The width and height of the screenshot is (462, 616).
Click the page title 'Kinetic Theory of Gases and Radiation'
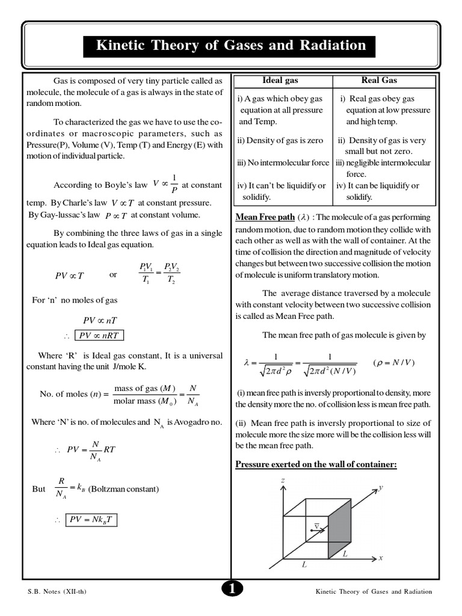point(231,46)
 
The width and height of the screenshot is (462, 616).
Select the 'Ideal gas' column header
point(280,80)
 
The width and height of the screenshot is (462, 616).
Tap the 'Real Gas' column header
point(379,80)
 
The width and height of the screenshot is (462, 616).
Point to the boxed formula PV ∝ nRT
point(99,335)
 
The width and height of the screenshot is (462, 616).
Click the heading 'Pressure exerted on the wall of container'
point(316,464)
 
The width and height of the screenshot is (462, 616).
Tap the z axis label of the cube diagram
point(282,480)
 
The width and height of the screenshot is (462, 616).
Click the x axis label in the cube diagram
point(380,558)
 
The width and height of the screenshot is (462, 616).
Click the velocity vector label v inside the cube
point(316,525)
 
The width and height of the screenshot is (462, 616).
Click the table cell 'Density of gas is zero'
point(280,140)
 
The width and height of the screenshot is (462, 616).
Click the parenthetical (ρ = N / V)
point(394,363)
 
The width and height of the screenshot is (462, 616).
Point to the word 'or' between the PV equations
point(113,274)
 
